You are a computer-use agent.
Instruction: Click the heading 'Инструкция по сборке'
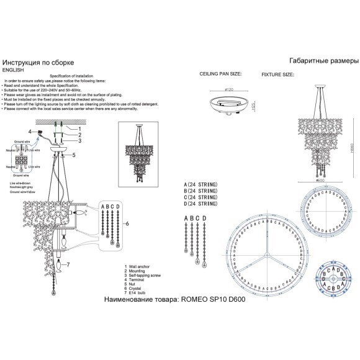pyautogui.click(x=38, y=63)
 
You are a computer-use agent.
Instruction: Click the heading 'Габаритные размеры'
pyautogui.click(x=323, y=61)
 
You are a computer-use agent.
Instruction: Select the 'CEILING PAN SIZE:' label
pyautogui.click(x=220, y=73)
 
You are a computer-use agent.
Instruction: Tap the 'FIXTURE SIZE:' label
pyautogui.click(x=277, y=73)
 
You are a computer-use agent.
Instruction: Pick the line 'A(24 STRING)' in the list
pyautogui.click(x=200, y=185)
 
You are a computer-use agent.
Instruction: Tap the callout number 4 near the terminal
pyautogui.click(x=29, y=132)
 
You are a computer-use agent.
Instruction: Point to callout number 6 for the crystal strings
pyautogui.click(x=127, y=223)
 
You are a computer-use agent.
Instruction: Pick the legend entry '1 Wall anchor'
pyautogui.click(x=141, y=266)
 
